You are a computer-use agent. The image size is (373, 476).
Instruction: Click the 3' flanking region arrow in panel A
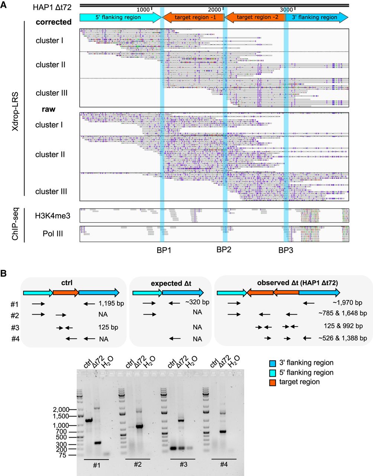[317, 17]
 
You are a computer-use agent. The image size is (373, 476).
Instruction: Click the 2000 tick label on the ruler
[214, 9]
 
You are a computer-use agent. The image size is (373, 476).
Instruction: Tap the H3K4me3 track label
[52, 215]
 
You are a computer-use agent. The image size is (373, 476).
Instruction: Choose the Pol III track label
[52, 234]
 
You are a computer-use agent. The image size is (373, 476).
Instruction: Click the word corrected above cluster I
[54, 22]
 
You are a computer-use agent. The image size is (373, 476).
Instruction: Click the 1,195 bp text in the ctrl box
[111, 303]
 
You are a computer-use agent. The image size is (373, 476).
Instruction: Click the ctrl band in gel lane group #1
[89, 421]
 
